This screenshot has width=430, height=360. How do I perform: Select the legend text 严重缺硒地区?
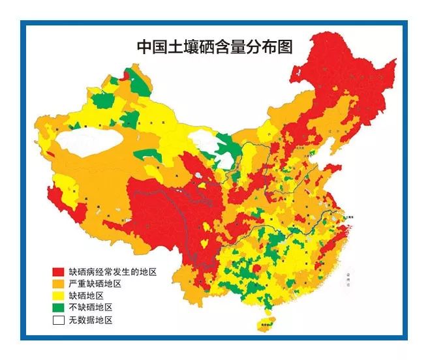pos(95,284)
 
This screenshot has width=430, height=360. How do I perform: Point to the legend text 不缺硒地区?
pos(91,307)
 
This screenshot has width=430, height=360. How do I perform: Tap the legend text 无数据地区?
pos(91,320)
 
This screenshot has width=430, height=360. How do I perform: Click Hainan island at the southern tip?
pos(266,324)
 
